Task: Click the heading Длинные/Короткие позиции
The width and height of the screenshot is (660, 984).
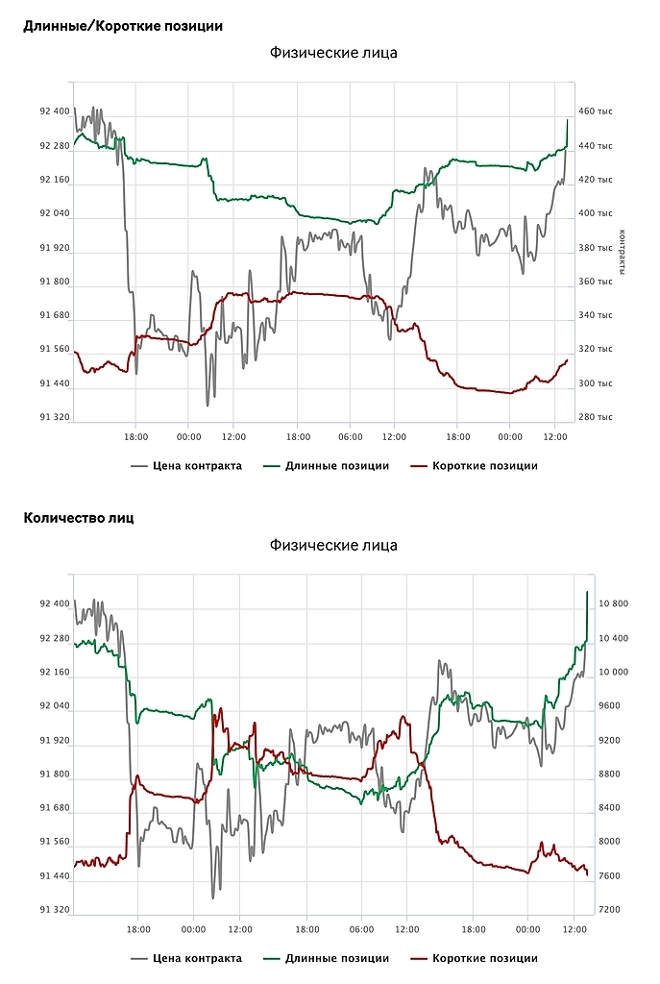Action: pyautogui.click(x=123, y=26)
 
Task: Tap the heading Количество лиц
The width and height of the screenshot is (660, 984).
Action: pyautogui.click(x=79, y=518)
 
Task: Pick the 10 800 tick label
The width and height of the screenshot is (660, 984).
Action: pyautogui.click(x=613, y=604)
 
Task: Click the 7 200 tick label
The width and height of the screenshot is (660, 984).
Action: pyautogui.click(x=613, y=909)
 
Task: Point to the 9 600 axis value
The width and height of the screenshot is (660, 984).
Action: pyautogui.click(x=613, y=706)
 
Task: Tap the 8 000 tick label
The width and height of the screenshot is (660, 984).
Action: pyautogui.click(x=613, y=842)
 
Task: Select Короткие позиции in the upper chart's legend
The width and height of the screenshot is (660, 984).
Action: pyautogui.click(x=484, y=466)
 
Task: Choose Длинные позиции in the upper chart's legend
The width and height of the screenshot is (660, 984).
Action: pyautogui.click(x=336, y=466)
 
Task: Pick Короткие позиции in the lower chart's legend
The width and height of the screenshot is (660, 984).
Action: pyautogui.click(x=484, y=958)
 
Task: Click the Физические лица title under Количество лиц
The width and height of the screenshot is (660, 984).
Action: pyautogui.click(x=332, y=546)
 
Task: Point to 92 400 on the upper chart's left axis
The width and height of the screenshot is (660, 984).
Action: pyautogui.click(x=55, y=111)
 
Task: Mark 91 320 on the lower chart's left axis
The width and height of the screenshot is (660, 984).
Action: pyautogui.click(x=55, y=909)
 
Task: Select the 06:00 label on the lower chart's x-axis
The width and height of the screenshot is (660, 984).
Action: pyautogui.click(x=361, y=929)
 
